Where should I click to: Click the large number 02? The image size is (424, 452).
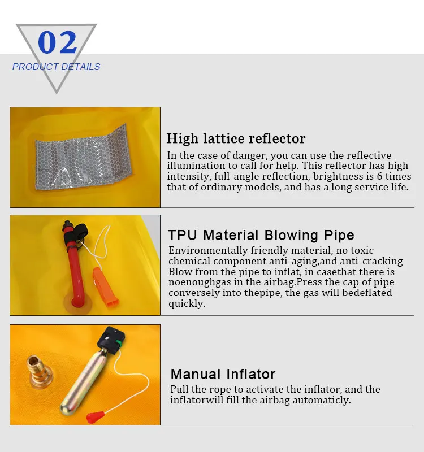tap(58, 43)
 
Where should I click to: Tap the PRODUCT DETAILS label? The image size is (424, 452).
tap(56, 67)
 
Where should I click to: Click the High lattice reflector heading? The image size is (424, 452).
tap(236, 138)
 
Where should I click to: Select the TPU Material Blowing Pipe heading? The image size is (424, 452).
tap(261, 235)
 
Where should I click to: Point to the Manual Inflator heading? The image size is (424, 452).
tap(223, 374)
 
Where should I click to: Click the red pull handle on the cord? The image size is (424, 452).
tap(95, 417)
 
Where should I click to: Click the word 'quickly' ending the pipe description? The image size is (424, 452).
tap(186, 304)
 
